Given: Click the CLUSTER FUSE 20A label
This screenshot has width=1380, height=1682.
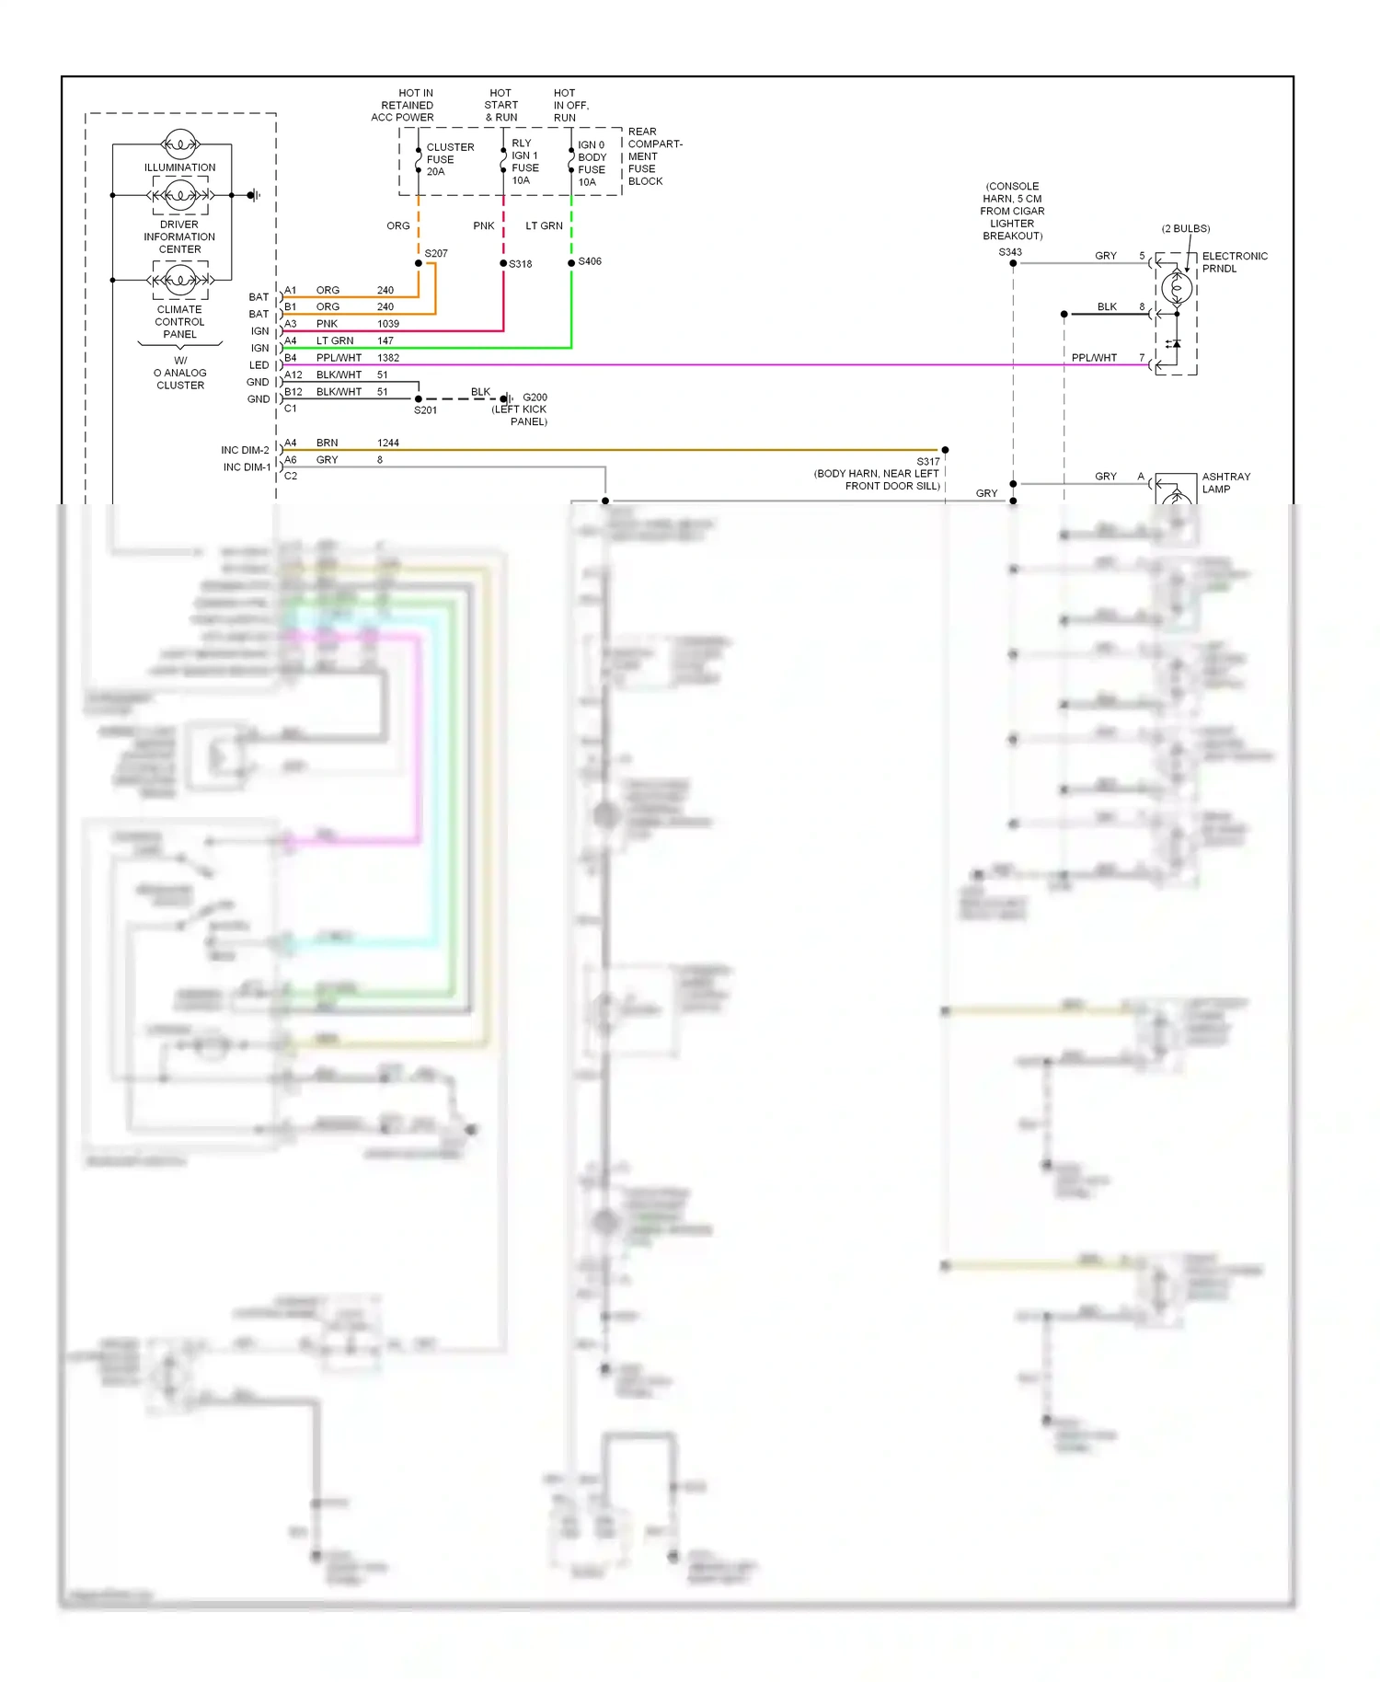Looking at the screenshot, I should coord(449,159).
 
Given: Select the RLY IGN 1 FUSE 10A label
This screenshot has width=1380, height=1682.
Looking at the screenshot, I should coord(524,162).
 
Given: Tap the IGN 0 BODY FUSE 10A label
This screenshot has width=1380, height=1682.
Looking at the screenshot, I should coord(591,164).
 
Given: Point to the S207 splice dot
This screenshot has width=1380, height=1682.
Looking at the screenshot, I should coord(419,263).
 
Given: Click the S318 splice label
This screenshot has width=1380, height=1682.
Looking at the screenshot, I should coord(521,264).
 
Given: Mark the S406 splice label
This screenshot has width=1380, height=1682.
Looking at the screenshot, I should coord(590,261).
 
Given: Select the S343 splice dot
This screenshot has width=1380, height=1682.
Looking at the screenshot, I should coord(1013,263).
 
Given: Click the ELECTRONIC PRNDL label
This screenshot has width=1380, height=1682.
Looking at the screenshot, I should coord(1234,262).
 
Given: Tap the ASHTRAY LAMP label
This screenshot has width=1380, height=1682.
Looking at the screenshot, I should coord(1225,483).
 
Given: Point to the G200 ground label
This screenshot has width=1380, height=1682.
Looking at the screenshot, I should coord(535,397).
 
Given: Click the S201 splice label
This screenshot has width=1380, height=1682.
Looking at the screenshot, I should coord(425,410).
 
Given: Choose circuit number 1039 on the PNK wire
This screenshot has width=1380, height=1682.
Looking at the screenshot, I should coord(388,324).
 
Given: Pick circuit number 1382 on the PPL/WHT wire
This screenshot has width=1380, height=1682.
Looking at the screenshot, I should coord(388,358).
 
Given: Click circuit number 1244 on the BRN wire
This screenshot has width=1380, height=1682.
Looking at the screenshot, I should coord(388,443).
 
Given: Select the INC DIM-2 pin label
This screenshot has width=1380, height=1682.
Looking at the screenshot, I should coord(245,450).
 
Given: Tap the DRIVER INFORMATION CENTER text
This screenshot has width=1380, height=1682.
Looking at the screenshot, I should coord(179,236).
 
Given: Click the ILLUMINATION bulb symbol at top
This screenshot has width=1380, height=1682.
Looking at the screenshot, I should coord(180,144).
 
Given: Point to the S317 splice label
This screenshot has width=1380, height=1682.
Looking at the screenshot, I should coord(927,462).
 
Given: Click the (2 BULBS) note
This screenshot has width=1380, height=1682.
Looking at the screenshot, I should coord(1185,228).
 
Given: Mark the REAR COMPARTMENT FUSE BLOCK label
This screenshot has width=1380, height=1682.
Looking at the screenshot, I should coord(654,156).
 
